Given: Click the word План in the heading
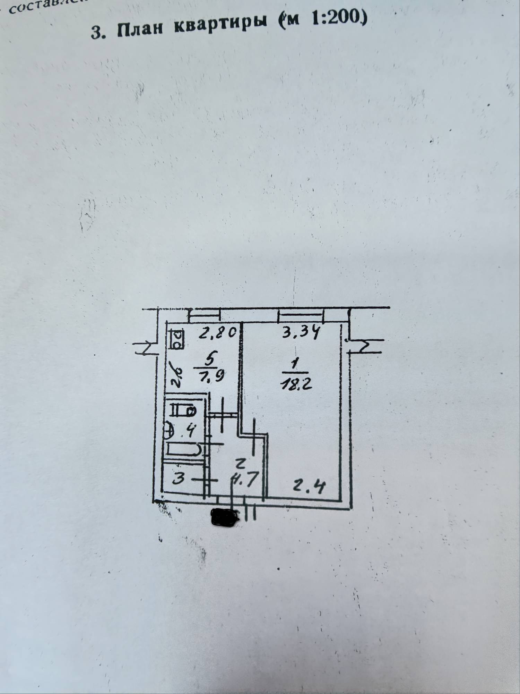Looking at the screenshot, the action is [140, 30].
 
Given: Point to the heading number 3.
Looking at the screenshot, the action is [96, 33].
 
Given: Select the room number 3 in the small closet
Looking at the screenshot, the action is [179, 480].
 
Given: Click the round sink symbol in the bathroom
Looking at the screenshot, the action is [168, 431].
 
